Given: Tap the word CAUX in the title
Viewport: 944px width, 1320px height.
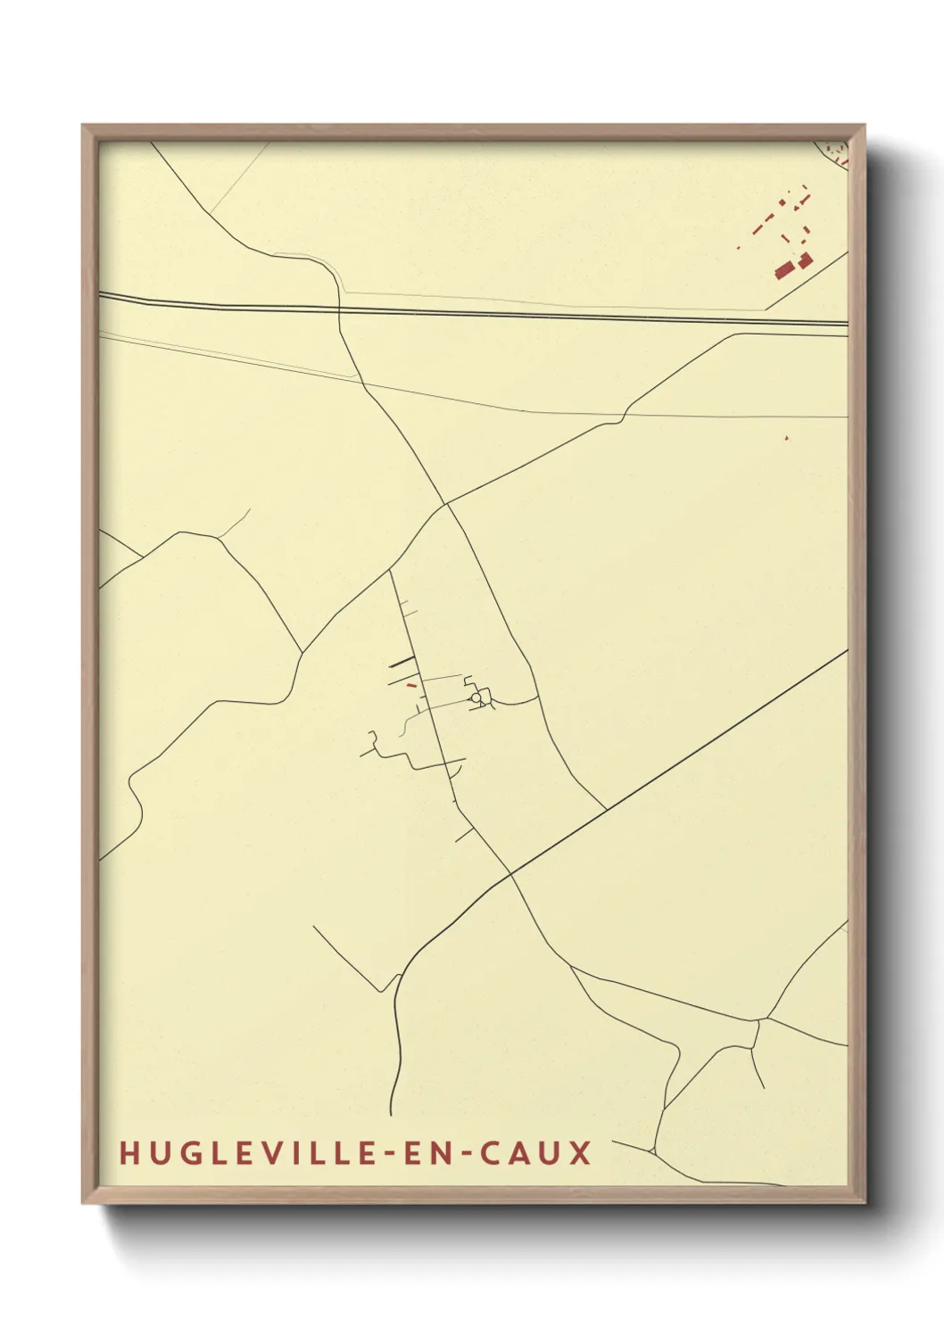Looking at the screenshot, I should [535, 1153].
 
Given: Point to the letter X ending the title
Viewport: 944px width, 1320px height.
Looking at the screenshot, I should [581, 1153].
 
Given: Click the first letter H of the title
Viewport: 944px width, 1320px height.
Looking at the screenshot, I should [128, 1153].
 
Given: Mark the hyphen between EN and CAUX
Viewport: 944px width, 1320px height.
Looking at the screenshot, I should [462, 1154].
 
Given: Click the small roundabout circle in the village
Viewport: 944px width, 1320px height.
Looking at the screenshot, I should [476, 697].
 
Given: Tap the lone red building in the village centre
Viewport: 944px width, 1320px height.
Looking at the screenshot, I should [411, 685].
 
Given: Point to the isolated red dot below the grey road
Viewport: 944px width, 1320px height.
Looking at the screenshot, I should [786, 438].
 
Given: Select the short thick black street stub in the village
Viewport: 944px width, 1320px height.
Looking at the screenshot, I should [402, 662].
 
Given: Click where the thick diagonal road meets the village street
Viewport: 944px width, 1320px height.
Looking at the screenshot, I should [511, 875].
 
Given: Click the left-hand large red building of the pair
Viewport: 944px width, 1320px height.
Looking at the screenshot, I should [784, 269].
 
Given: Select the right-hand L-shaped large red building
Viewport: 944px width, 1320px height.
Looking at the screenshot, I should [805, 260].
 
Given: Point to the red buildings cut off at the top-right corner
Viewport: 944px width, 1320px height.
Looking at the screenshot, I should [835, 153].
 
